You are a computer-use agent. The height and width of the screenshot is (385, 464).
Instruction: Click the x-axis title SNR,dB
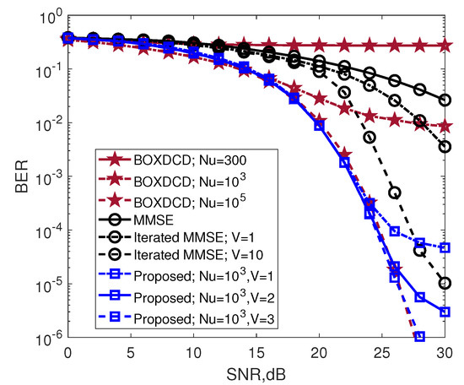256,372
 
